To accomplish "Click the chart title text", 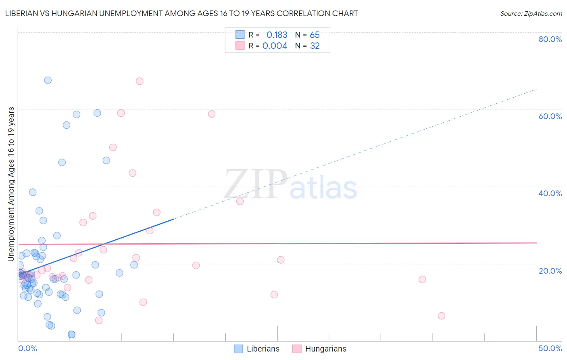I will tap(181, 14).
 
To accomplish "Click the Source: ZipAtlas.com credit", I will tap(531, 14).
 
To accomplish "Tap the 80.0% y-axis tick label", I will tap(550, 39).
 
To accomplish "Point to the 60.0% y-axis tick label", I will tap(550, 116).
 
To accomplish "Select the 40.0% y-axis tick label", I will tap(550, 193).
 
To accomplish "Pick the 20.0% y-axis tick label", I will tap(550, 271).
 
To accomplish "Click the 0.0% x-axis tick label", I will tap(27, 348).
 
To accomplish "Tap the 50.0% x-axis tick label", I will tap(550, 348).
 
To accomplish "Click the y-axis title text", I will tap(11, 184).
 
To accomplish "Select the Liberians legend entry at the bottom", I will tap(257, 349).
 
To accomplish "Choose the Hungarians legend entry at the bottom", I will tap(319, 349).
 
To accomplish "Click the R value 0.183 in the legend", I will tap(277, 35).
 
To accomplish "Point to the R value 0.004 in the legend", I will tap(275, 46).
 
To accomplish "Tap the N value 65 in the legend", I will tap(315, 35).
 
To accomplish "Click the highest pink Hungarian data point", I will tap(140, 81).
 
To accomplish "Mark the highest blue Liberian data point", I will tap(48, 80).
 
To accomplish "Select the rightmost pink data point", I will tap(442, 316).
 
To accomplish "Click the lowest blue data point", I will tap(71, 334).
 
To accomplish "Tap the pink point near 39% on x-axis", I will tap(422, 279).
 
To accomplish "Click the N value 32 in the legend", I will tap(315, 46).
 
